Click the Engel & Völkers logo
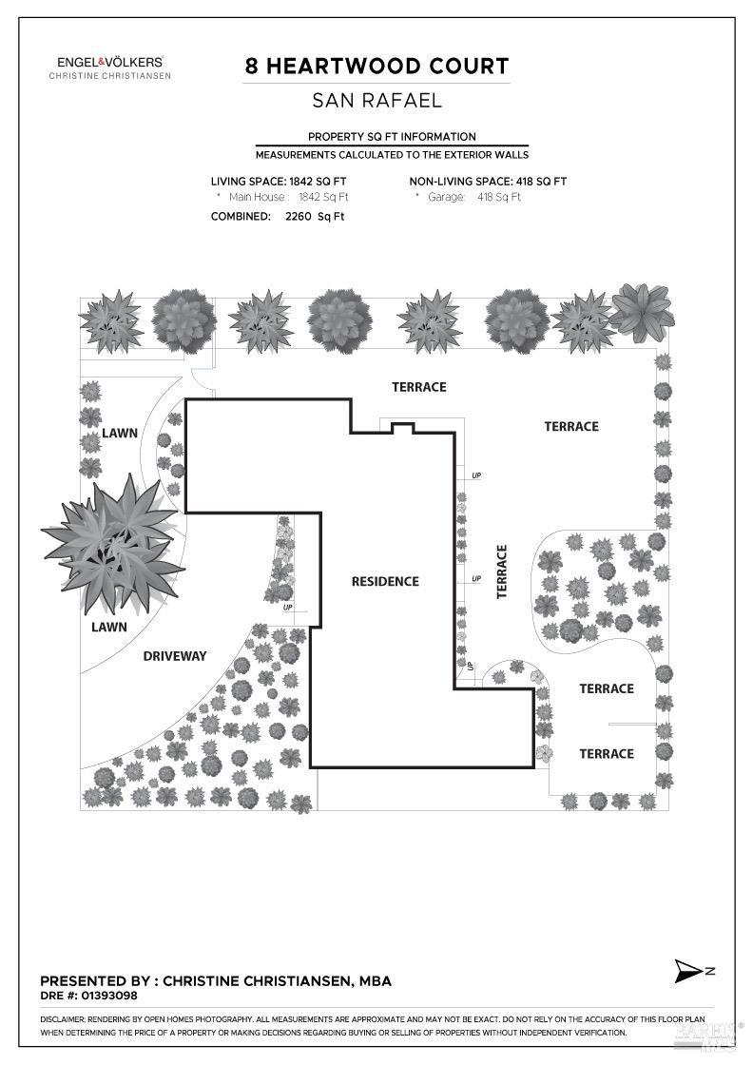click(x=110, y=68)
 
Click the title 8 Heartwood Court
click(x=376, y=66)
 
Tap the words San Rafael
click(x=376, y=101)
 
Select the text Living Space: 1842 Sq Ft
click(x=279, y=182)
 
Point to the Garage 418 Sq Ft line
click(x=468, y=197)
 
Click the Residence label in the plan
click(x=385, y=581)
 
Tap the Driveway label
click(x=175, y=656)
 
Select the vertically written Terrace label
click(x=502, y=571)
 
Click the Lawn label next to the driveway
click(x=109, y=627)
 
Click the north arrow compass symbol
click(x=692, y=971)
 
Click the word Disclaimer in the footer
click(x=63, y=1019)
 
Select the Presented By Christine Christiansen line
click(x=216, y=980)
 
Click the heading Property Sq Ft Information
click(x=392, y=137)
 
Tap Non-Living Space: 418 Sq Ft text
click(x=488, y=182)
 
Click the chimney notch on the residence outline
click(x=402, y=427)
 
